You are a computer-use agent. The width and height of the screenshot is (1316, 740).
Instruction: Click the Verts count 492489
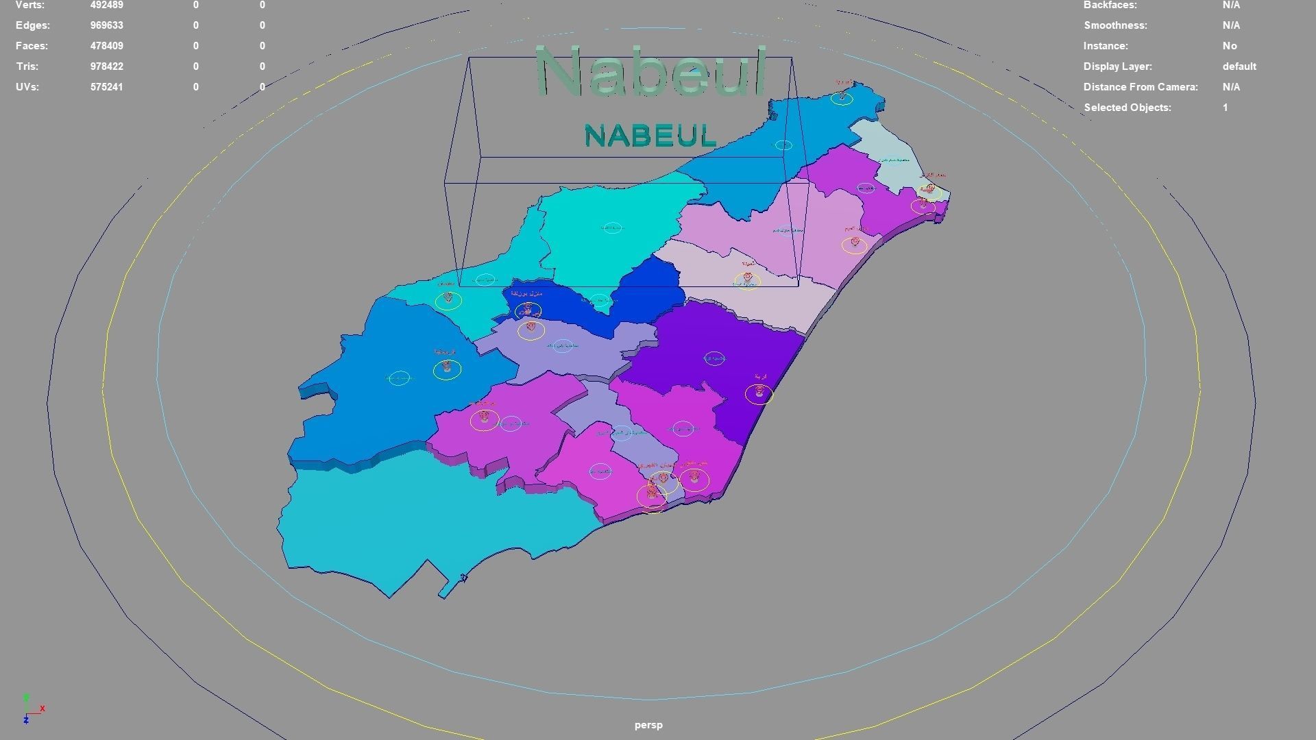(x=106, y=5)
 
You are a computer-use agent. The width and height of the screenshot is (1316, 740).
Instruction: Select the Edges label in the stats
(x=32, y=25)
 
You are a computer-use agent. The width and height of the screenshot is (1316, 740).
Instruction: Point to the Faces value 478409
(x=106, y=46)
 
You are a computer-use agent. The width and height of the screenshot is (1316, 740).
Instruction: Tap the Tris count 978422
(x=106, y=66)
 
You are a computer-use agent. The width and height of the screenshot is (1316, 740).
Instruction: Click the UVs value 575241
(x=106, y=87)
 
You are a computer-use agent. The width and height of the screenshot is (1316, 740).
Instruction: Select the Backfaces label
(x=1110, y=5)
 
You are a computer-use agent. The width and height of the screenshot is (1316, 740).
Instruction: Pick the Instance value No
(x=1230, y=46)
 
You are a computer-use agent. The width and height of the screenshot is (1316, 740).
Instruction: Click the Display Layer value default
(x=1239, y=66)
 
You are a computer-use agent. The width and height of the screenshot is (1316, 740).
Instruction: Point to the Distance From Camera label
(x=1141, y=87)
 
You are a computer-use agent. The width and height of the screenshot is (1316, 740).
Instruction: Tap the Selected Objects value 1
(x=1225, y=108)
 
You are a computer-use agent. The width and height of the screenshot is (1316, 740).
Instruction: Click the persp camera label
(x=648, y=725)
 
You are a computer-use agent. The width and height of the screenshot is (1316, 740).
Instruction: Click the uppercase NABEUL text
(x=650, y=136)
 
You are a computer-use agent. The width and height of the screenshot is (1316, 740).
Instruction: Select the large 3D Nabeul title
(x=650, y=71)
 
